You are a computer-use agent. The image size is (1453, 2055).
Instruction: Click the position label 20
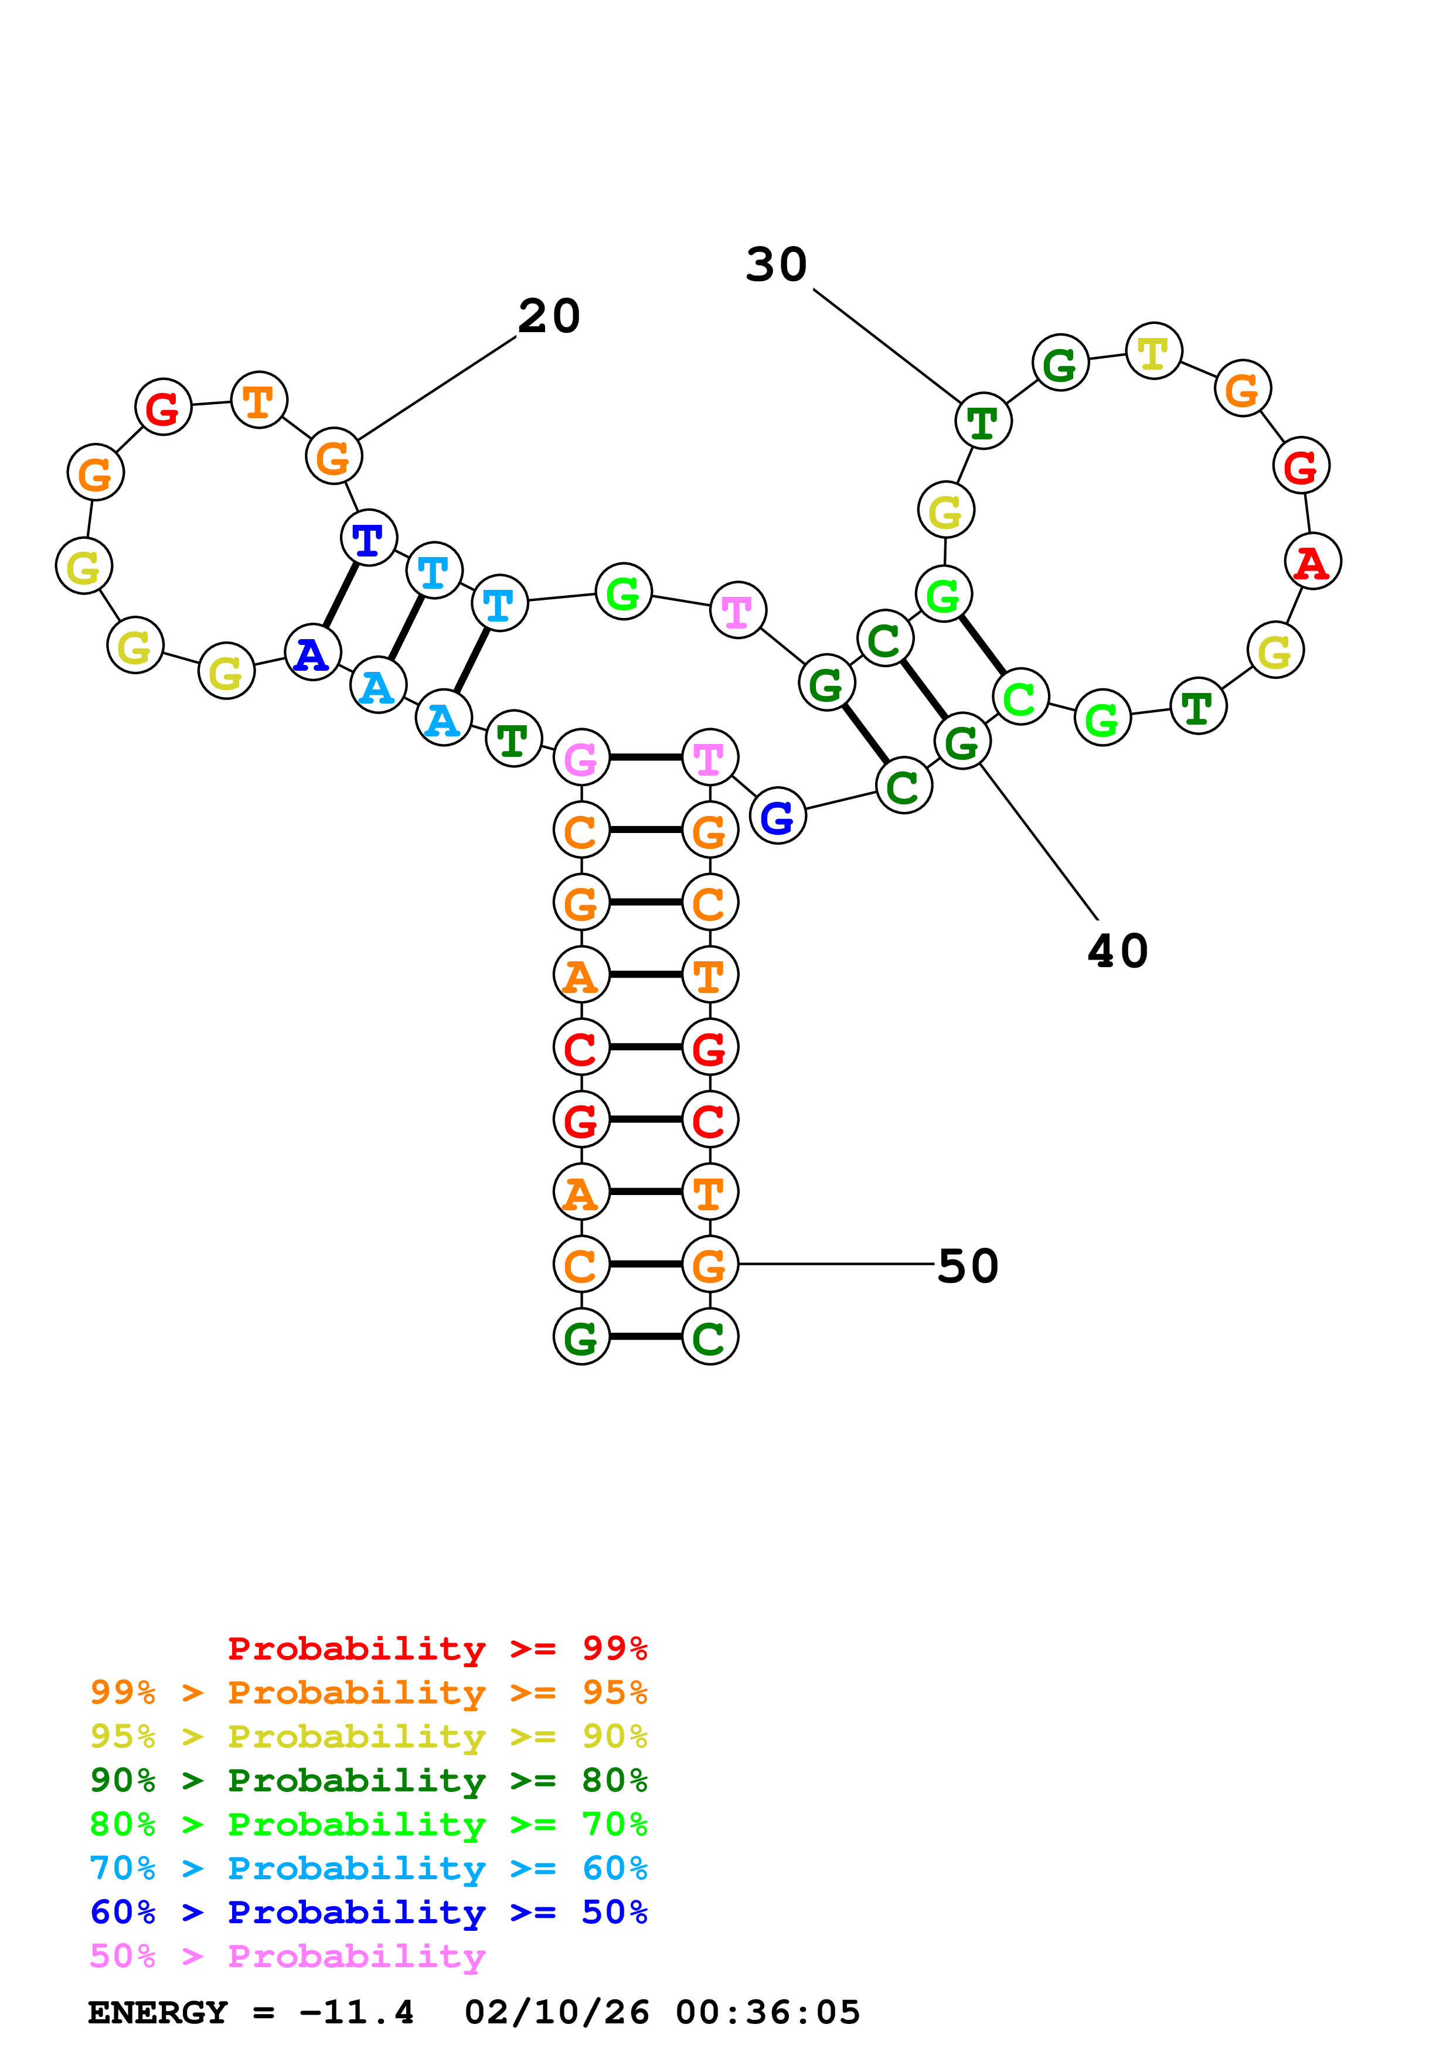549,317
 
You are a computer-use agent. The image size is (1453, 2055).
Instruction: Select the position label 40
1117,951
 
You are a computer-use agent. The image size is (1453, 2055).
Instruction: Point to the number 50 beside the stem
967,1267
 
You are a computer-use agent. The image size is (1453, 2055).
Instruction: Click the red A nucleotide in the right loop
1312,562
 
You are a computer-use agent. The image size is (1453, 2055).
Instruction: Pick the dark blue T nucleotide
369,539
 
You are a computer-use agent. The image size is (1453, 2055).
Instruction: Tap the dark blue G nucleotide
777,815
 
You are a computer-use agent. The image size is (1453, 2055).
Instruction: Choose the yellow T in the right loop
1153,351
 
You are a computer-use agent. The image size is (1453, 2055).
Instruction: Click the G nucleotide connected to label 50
710,1265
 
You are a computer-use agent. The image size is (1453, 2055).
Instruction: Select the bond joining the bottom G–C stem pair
645,1337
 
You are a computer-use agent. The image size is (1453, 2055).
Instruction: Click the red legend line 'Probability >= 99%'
437,1648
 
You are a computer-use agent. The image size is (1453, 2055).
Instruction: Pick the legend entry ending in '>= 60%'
368,1869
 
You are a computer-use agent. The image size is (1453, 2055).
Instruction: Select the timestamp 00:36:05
767,2013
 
